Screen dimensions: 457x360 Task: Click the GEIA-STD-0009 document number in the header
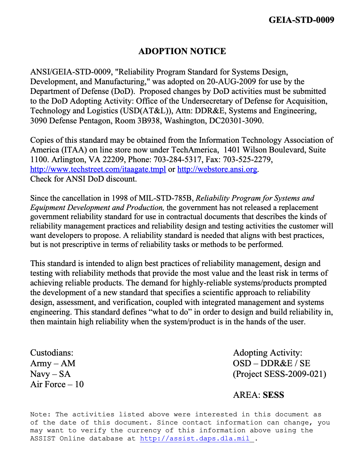[301, 20]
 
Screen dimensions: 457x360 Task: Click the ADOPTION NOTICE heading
[182, 51]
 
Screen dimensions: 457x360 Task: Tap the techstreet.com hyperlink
[98, 169]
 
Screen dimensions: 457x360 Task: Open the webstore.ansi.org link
[217, 169]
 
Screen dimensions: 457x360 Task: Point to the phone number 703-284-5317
[177, 160]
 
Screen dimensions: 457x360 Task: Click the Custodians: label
[52, 353]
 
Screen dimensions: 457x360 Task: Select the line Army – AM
[53, 363]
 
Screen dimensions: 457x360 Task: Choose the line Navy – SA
[50, 374]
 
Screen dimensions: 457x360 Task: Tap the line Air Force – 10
[57, 384]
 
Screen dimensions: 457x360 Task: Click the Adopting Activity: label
[268, 353]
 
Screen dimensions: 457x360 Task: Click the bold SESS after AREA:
[273, 395]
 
